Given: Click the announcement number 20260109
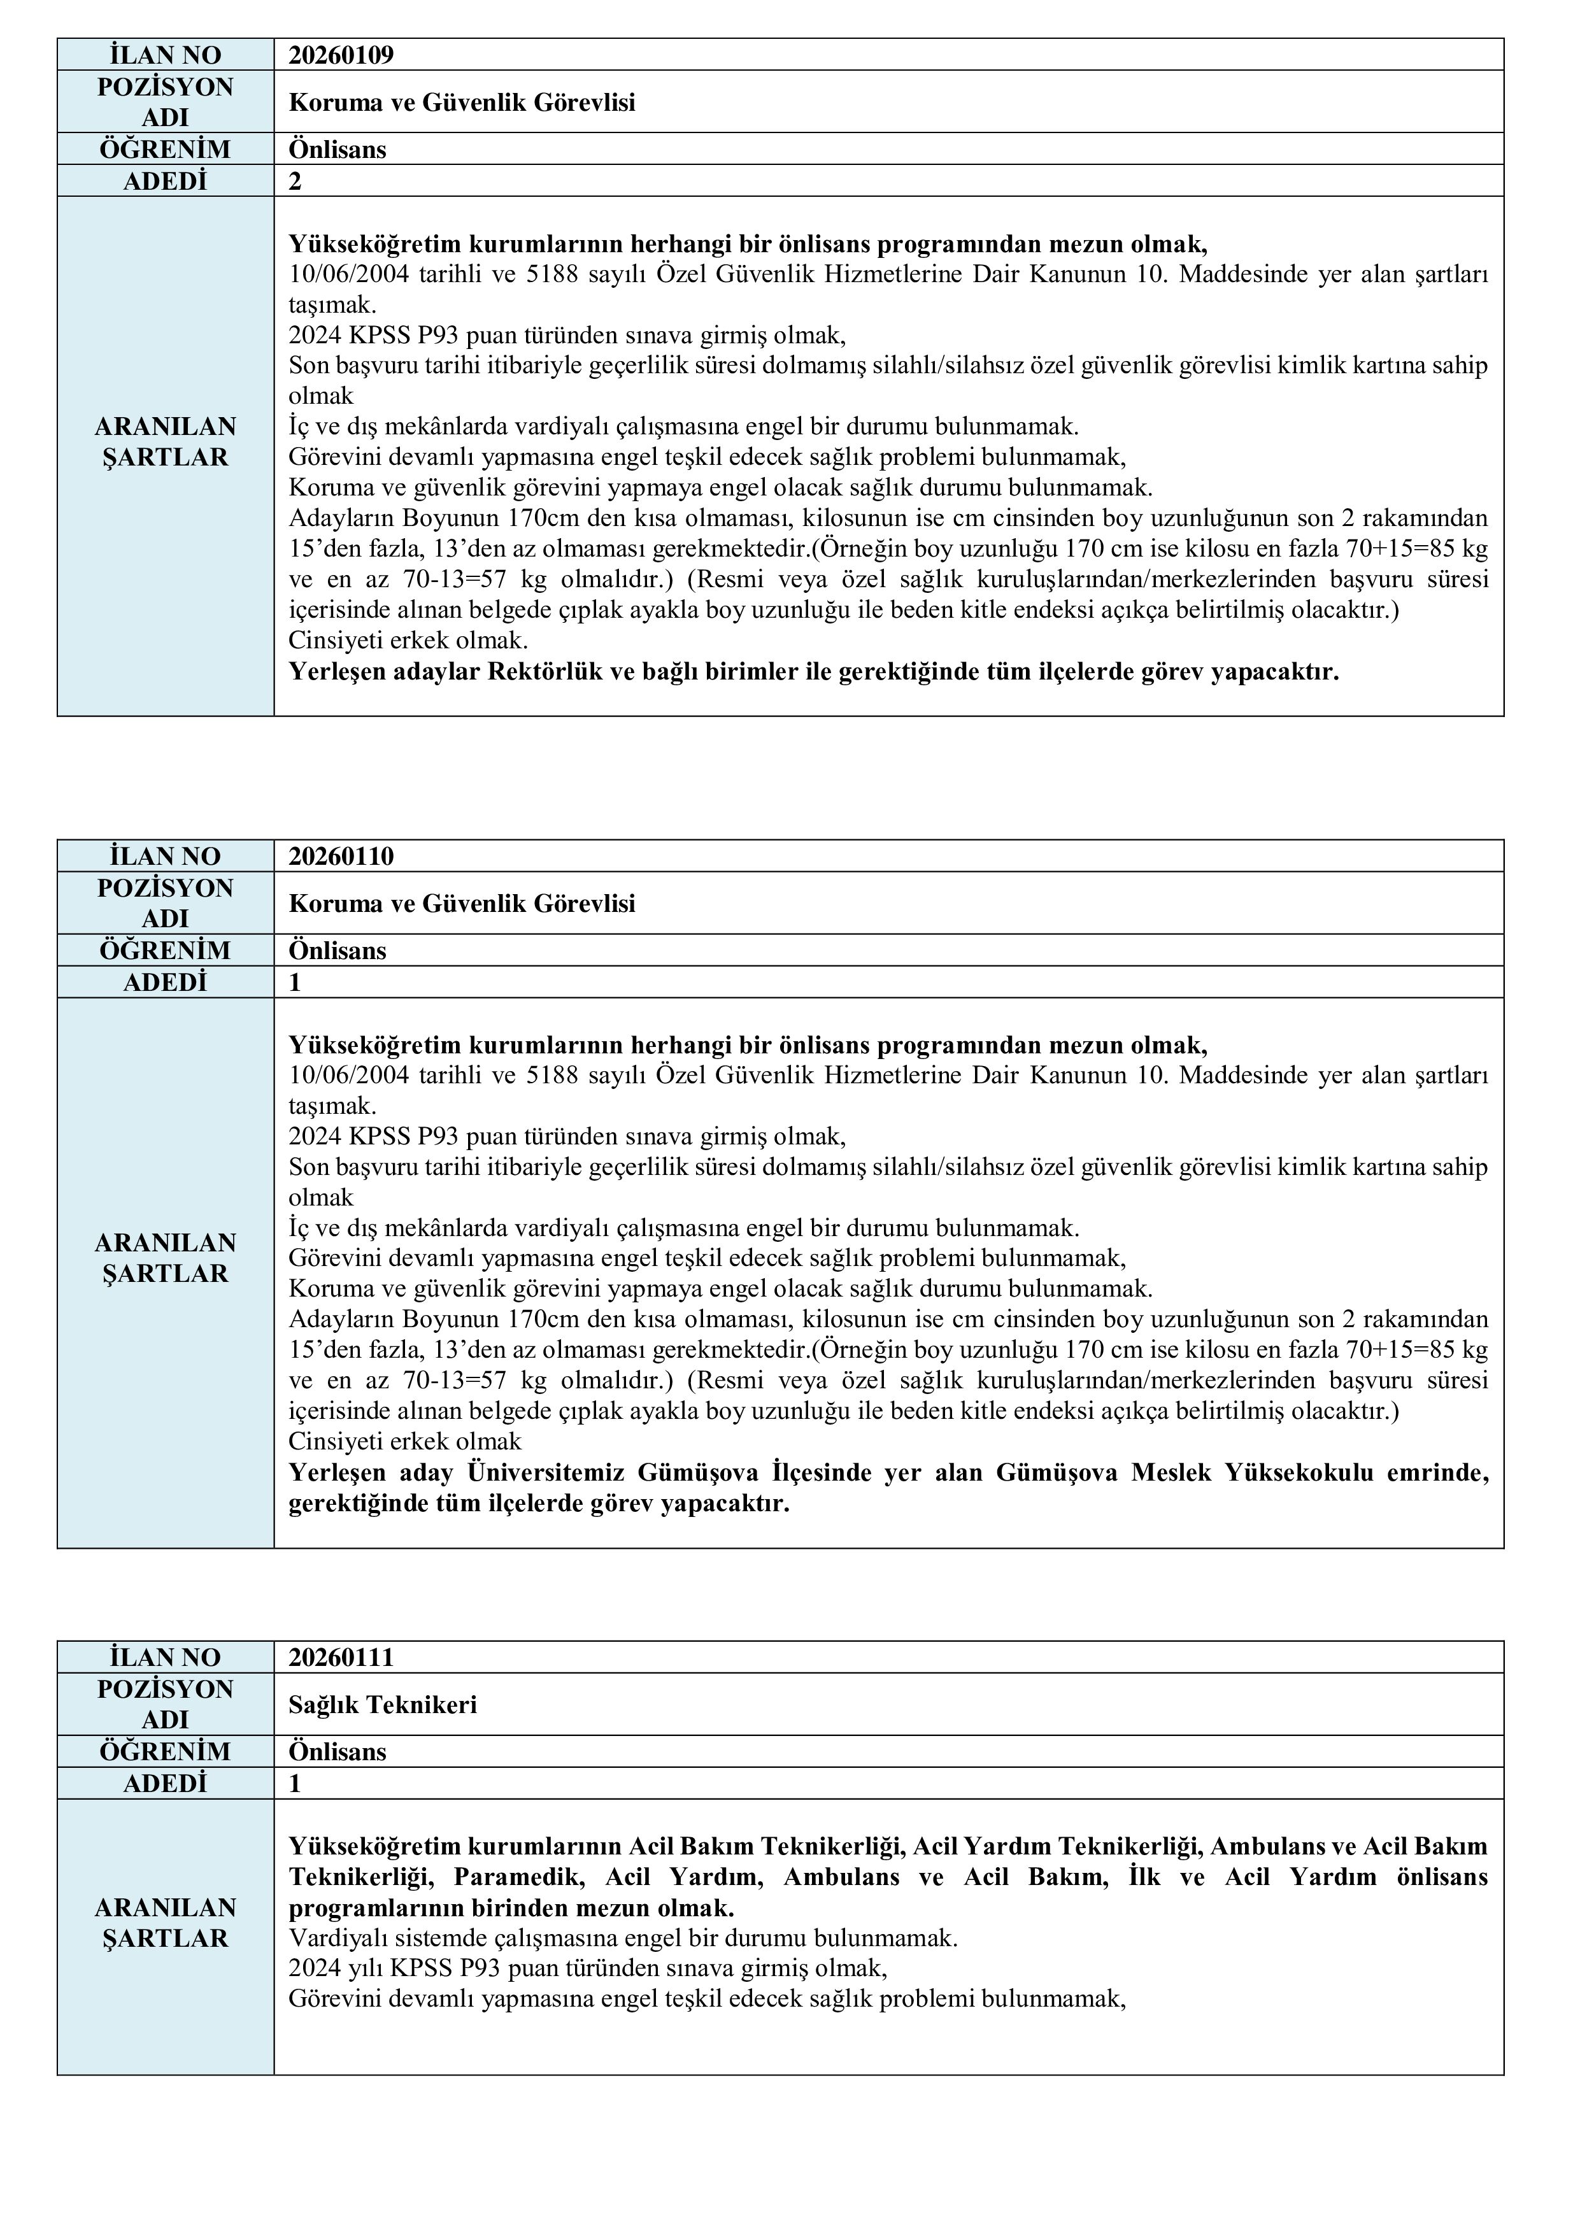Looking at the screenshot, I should click(x=341, y=55).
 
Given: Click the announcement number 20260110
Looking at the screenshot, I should click(x=341, y=857).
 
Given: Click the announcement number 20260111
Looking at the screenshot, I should click(x=341, y=1657).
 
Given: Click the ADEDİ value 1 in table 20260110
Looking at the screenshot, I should click(x=295, y=983).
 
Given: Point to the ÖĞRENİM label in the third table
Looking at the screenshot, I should click(x=166, y=1751).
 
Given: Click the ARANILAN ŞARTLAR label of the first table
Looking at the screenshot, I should click(x=166, y=442).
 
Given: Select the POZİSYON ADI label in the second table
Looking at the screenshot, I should click(x=166, y=903).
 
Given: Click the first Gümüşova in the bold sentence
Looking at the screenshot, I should click(x=699, y=1473).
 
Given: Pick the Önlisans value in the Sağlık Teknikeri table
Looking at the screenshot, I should click(x=338, y=1751).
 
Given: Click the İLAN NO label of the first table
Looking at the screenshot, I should click(x=166, y=55).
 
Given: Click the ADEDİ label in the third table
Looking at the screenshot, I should click(x=166, y=1784).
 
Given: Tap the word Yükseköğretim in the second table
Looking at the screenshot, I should click(x=376, y=1046).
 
